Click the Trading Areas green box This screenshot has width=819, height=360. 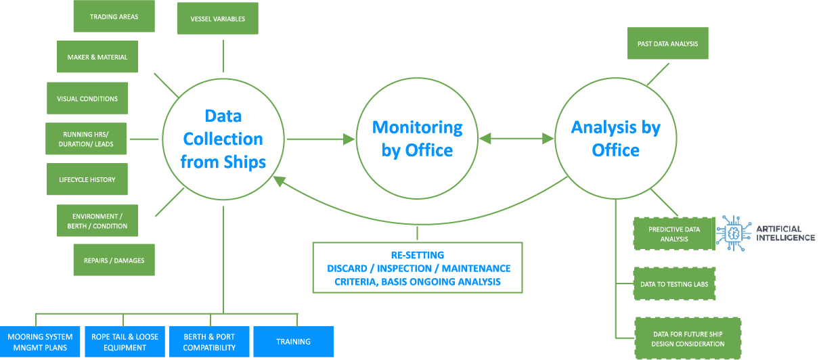click(x=114, y=16)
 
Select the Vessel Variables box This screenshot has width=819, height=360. click(x=218, y=19)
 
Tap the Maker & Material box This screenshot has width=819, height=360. click(x=97, y=58)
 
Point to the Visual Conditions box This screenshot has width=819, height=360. click(x=87, y=99)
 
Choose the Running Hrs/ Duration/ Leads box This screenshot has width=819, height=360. click(x=86, y=139)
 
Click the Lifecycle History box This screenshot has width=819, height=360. click(x=87, y=180)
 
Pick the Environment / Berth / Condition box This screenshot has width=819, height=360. click(x=97, y=221)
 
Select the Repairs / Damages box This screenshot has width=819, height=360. click(x=114, y=261)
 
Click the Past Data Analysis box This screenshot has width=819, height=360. click(x=667, y=44)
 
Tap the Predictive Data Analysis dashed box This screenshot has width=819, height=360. click(x=674, y=234)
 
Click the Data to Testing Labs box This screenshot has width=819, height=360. click(x=674, y=284)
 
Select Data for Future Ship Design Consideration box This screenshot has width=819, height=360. click(x=688, y=339)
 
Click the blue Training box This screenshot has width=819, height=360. click(x=293, y=342)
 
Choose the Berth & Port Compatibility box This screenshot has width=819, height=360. click(x=209, y=342)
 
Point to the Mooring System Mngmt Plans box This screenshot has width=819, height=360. click(x=40, y=342)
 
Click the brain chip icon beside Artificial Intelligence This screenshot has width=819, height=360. click(x=734, y=233)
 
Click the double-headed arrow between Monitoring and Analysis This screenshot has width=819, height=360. click(x=516, y=139)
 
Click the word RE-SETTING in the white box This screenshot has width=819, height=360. click(x=417, y=255)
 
